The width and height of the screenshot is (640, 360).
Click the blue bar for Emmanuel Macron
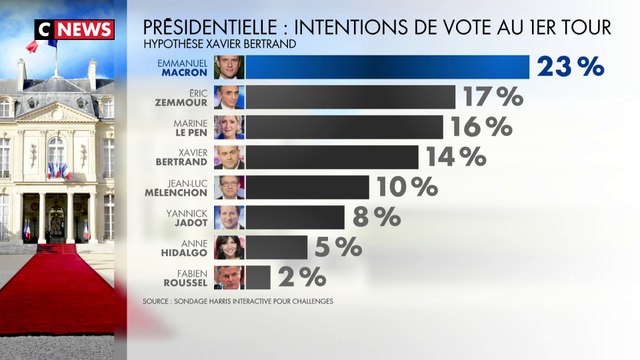point(387,67)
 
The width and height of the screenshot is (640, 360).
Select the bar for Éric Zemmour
point(350,97)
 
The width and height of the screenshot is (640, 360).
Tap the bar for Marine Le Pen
point(344,127)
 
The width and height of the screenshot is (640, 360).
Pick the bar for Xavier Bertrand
point(332,157)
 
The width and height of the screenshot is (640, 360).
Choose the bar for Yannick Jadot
point(295,217)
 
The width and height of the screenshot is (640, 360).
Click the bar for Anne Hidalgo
point(276,247)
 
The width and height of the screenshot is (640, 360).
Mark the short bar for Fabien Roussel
point(257,277)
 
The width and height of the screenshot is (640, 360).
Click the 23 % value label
point(571,67)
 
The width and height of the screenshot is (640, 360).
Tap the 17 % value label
point(492,97)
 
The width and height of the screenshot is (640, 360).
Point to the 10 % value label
point(404,187)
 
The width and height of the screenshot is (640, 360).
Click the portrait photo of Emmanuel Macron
point(229,67)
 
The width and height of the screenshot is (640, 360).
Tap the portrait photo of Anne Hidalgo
point(229,247)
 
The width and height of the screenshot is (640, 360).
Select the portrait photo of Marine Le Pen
point(229,127)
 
